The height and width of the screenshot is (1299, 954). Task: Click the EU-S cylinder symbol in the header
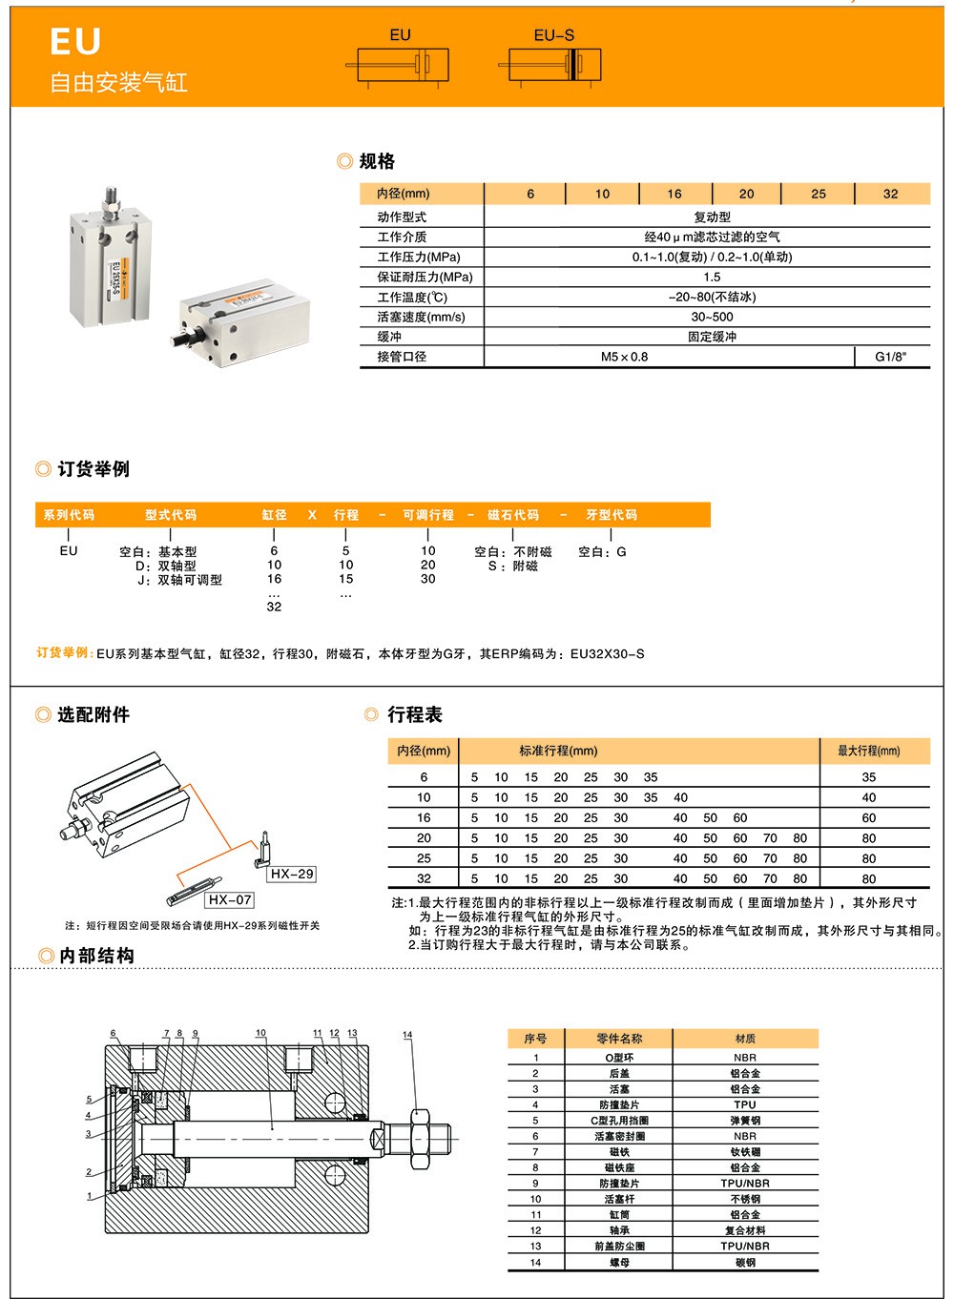(x=550, y=64)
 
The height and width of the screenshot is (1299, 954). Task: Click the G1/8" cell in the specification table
(x=890, y=357)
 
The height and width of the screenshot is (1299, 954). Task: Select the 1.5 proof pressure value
(x=712, y=278)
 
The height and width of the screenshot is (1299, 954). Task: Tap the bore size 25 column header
(x=819, y=194)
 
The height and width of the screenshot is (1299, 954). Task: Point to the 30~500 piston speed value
(x=712, y=318)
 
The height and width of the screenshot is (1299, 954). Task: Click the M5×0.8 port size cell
(x=624, y=357)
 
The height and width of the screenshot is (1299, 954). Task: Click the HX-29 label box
(x=292, y=874)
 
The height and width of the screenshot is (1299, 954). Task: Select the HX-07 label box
(x=230, y=899)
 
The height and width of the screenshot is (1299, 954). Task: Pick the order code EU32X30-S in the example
(x=607, y=653)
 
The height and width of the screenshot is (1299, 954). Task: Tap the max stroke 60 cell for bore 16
(x=868, y=817)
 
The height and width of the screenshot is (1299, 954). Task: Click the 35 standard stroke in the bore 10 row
(x=650, y=797)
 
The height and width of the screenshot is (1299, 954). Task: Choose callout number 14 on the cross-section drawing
(x=407, y=1035)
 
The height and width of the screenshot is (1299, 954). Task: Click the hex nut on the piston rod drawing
(x=420, y=1139)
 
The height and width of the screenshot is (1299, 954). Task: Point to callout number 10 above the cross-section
(x=260, y=1033)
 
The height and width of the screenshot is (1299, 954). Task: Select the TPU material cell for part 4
(x=745, y=1104)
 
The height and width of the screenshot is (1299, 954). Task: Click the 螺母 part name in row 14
(x=619, y=1263)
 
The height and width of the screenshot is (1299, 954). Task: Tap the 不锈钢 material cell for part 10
(x=745, y=1199)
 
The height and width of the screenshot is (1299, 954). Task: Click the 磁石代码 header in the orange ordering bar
(x=513, y=514)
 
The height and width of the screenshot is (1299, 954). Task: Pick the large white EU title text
(x=75, y=42)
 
